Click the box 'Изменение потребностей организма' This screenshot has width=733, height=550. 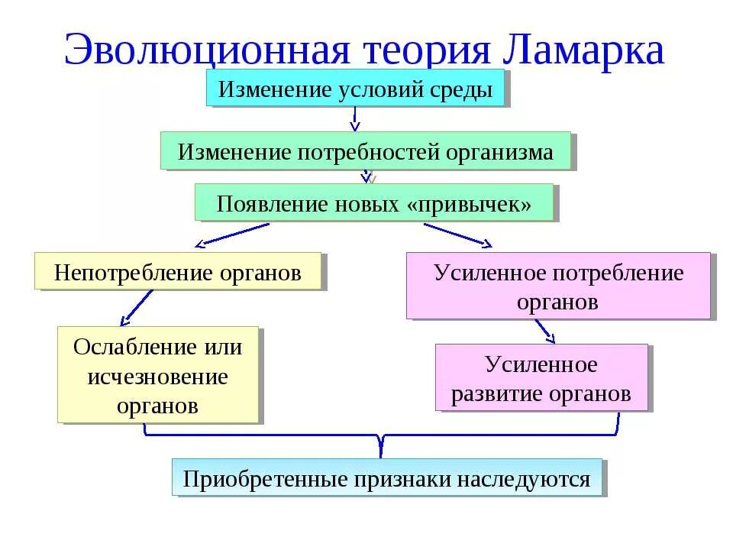[x=366, y=151]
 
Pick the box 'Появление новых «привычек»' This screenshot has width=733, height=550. [x=373, y=203]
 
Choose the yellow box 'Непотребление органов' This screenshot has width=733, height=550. [x=178, y=272]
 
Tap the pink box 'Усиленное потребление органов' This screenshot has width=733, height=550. [x=558, y=286]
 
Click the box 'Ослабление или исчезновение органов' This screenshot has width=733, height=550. [x=158, y=375]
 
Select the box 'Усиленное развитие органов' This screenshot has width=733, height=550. [x=541, y=378]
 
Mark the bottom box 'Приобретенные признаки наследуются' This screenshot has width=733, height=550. [x=387, y=478]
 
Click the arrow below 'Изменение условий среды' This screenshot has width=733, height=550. [x=355, y=118]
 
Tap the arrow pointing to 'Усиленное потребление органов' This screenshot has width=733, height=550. [x=458, y=235]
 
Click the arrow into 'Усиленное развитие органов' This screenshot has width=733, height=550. [x=544, y=332]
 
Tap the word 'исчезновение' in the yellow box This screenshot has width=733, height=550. [x=158, y=376]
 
